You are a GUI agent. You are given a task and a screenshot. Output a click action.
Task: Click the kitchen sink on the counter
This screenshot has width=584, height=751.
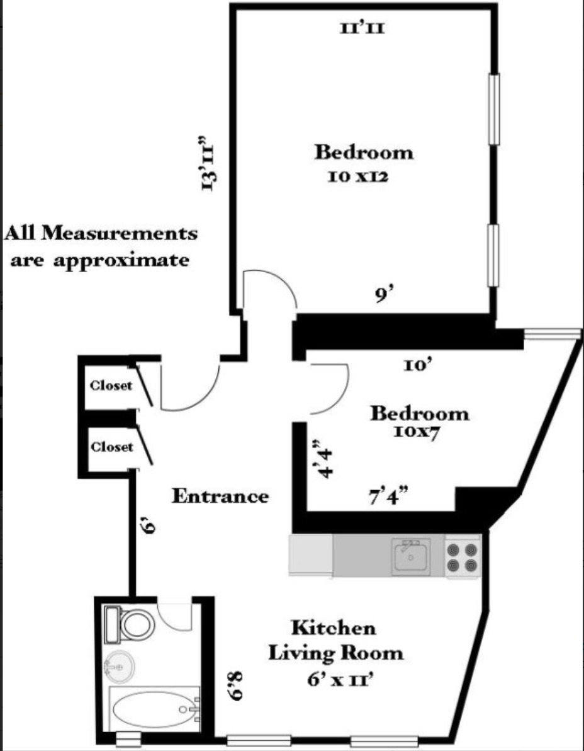pos(411,556)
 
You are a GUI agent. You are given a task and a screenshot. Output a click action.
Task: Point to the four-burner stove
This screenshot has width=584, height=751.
pos(463,557)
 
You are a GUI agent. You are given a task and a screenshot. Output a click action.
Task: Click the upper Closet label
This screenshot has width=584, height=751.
pos(111,386)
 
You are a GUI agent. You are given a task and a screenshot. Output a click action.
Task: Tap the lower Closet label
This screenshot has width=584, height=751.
pos(111,447)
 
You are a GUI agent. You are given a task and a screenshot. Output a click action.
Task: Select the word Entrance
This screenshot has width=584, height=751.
pos(220,496)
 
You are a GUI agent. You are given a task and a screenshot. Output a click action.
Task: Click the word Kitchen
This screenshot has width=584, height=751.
pos(334,628)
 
